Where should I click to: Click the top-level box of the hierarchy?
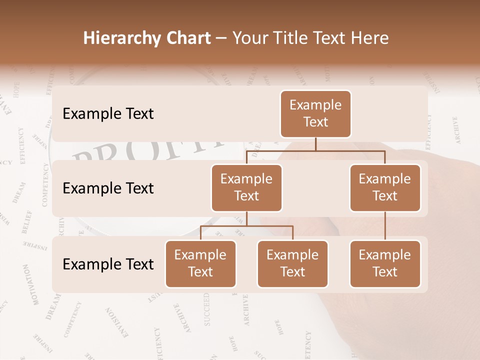[315, 114]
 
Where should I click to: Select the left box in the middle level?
[246, 187]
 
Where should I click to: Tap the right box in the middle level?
[385, 187]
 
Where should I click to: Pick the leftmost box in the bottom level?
[200, 263]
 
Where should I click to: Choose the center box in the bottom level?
[292, 263]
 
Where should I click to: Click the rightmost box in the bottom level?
[385, 263]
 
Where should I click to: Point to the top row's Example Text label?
[108, 114]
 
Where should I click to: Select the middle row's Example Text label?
[108, 188]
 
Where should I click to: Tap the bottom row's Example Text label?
[108, 264]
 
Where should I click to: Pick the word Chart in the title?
[188, 38]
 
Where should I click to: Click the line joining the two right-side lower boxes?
[385, 226]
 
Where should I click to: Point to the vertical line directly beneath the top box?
[315, 144]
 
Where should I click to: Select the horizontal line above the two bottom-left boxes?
[246, 226]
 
